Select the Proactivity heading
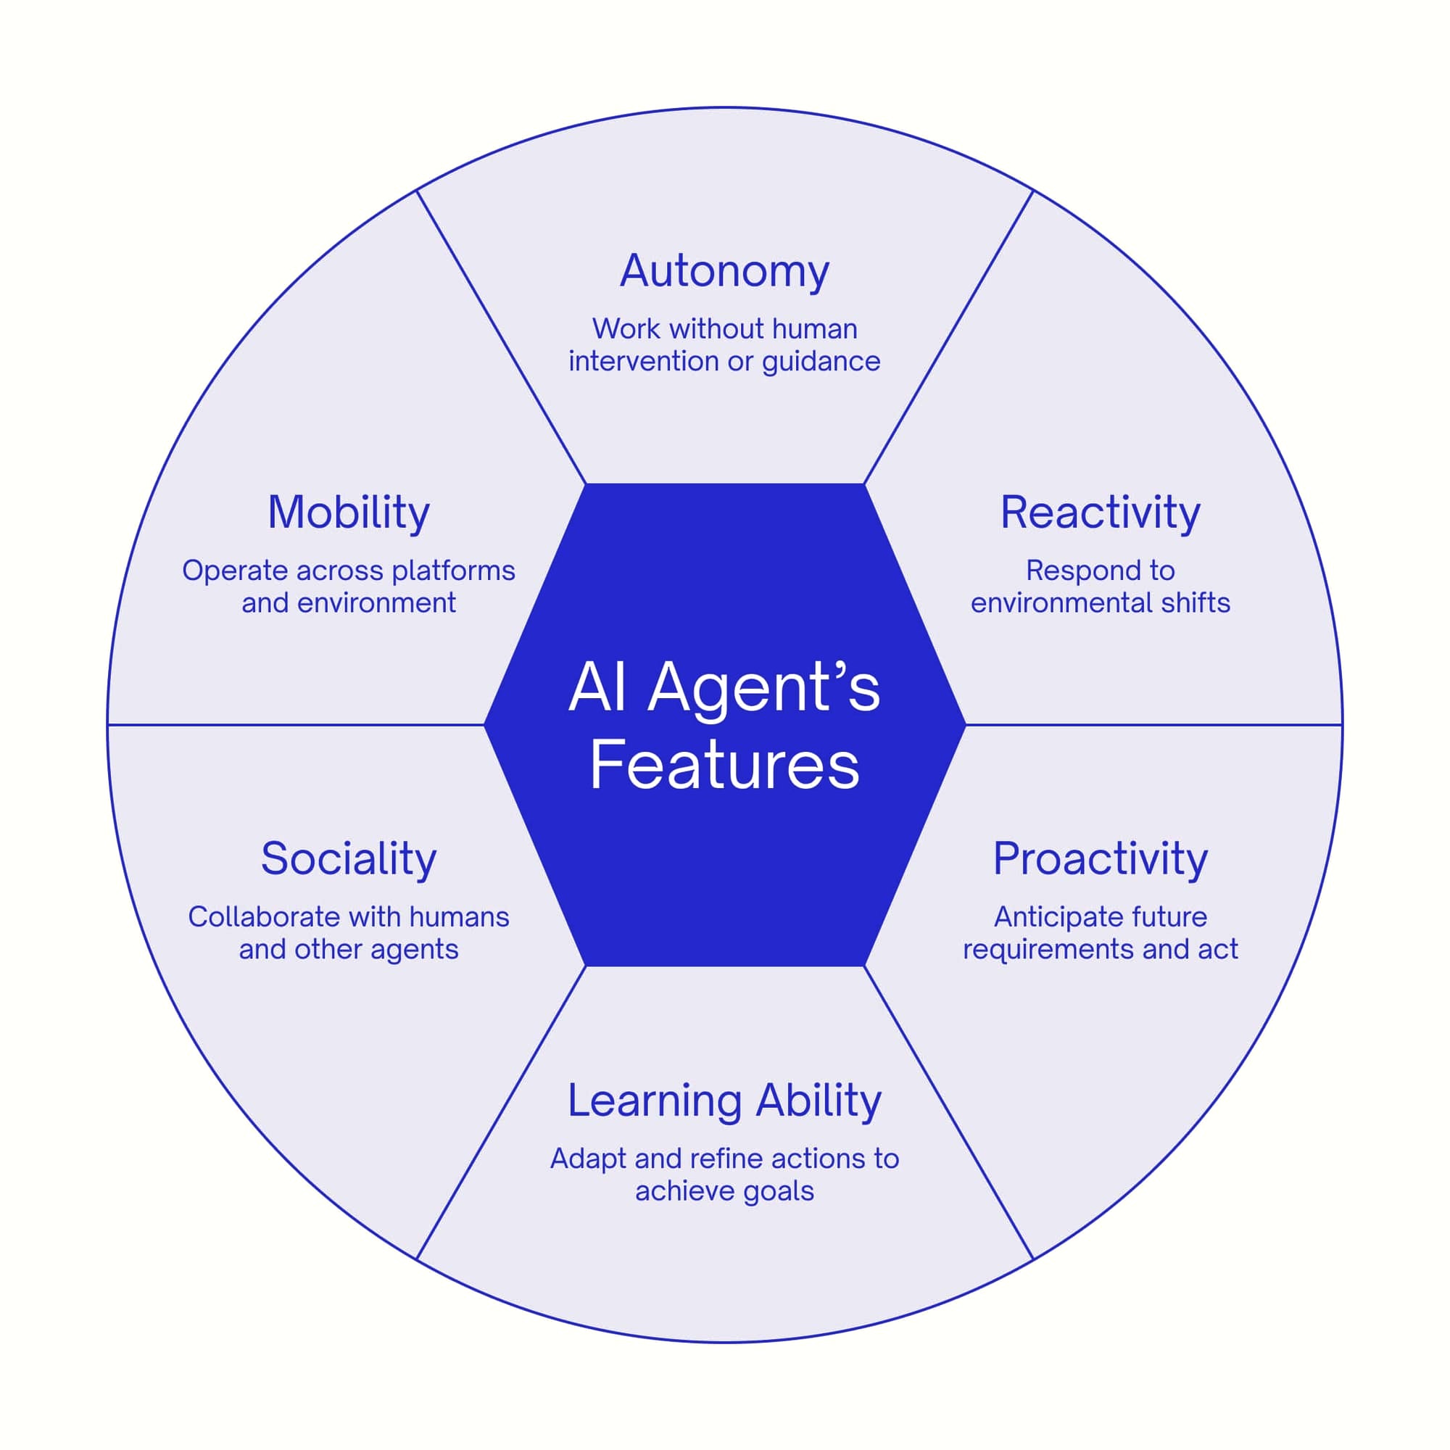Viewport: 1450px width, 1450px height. [1101, 858]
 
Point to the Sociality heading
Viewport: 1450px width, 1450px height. [348, 858]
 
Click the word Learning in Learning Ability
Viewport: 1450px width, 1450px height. [655, 1101]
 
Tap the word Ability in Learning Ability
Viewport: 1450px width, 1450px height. [818, 1101]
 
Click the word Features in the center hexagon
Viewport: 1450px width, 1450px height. [724, 766]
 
